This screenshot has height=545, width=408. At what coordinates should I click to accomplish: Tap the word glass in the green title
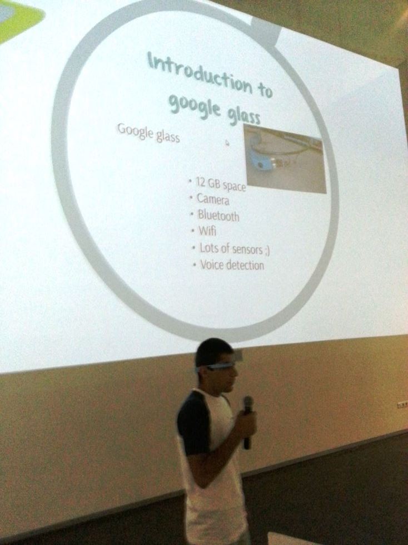tap(243, 115)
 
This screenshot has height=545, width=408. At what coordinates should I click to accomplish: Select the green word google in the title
tap(195, 105)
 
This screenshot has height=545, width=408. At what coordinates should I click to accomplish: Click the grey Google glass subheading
tap(148, 133)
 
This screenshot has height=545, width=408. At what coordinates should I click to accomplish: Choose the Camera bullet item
tap(213, 199)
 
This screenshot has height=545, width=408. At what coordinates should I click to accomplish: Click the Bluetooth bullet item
tap(218, 215)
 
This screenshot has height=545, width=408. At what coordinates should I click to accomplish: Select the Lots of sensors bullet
tap(234, 249)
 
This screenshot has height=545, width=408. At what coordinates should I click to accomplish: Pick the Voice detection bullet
tap(232, 266)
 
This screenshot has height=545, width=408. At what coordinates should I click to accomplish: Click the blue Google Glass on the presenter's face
tap(215, 366)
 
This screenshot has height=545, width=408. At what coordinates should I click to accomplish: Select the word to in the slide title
tap(265, 90)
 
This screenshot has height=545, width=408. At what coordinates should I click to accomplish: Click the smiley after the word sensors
tap(267, 251)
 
